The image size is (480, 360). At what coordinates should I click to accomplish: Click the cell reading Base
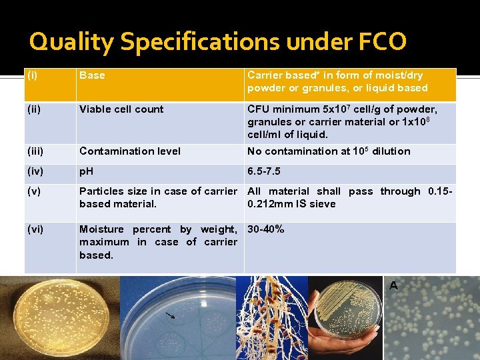tap(92, 75)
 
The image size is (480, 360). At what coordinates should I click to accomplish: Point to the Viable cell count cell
tap(121, 109)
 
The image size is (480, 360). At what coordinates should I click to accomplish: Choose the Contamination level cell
tap(130, 151)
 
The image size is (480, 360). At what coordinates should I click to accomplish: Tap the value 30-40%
tap(266, 229)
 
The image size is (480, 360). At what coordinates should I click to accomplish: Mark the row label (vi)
tap(35, 229)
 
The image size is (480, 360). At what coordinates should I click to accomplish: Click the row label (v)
tap(34, 191)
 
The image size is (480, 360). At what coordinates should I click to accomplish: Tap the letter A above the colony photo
tap(393, 285)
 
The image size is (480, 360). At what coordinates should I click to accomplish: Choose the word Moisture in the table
tap(102, 229)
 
